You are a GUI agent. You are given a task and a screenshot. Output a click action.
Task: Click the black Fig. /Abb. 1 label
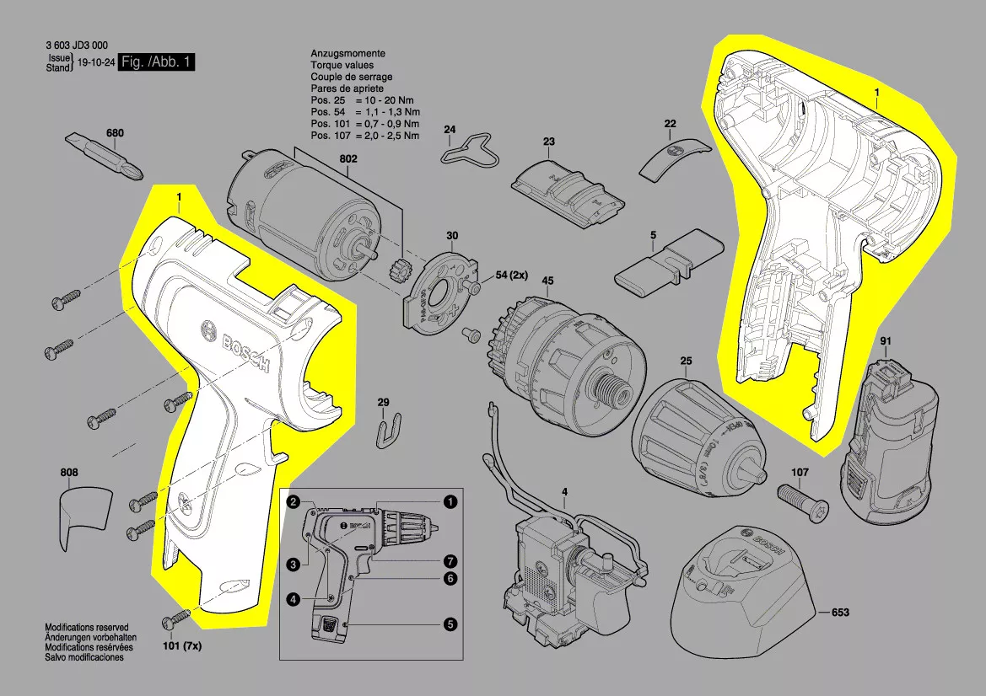pos(157,62)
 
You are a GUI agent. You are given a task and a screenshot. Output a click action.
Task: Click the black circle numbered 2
pos(292,502)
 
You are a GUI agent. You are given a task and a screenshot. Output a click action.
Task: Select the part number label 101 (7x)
pos(181,646)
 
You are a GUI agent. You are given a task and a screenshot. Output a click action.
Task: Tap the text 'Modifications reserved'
pos(86,628)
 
